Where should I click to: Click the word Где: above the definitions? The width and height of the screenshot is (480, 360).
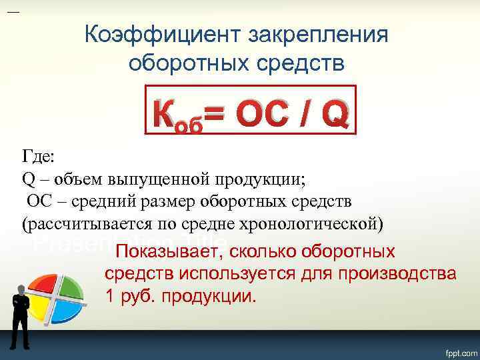coord(40,157)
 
